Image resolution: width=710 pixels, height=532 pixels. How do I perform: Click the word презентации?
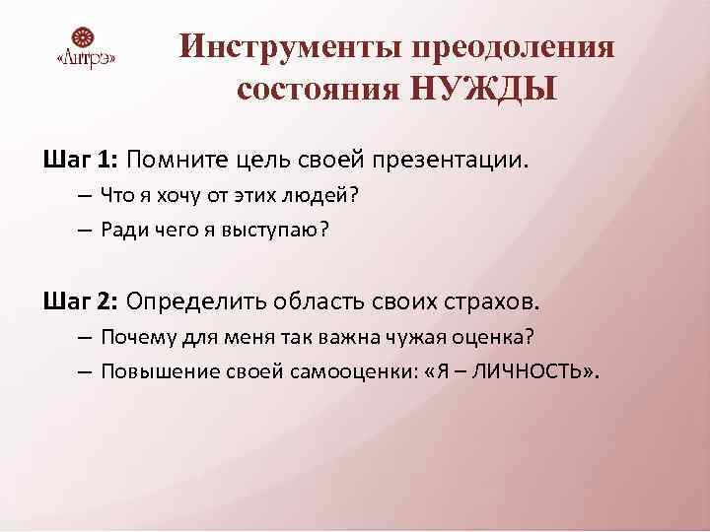477,159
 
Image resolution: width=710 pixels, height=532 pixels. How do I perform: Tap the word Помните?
173,159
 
